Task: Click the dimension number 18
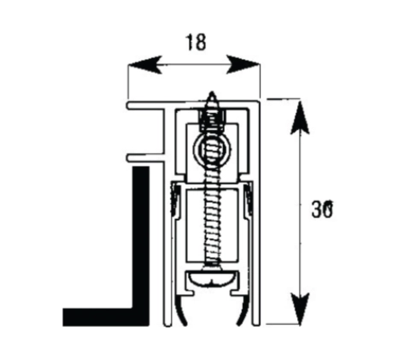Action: click(196, 42)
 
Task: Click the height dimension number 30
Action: click(322, 210)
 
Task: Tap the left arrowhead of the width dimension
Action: click(145, 65)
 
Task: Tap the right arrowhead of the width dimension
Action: click(243, 65)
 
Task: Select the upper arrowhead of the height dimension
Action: click(300, 117)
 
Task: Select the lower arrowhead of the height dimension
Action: click(300, 309)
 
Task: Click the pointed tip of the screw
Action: click(212, 92)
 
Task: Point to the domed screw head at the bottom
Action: click(212, 279)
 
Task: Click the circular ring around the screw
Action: click(212, 148)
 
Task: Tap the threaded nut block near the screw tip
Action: click(212, 120)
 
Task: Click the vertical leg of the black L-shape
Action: click(141, 238)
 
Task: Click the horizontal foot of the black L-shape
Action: click(106, 316)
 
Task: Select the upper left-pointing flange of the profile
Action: click(146, 105)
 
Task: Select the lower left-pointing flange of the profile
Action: click(146, 158)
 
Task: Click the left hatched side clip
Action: click(175, 199)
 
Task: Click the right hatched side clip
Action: click(249, 199)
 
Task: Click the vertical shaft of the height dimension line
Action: click(300, 212)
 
